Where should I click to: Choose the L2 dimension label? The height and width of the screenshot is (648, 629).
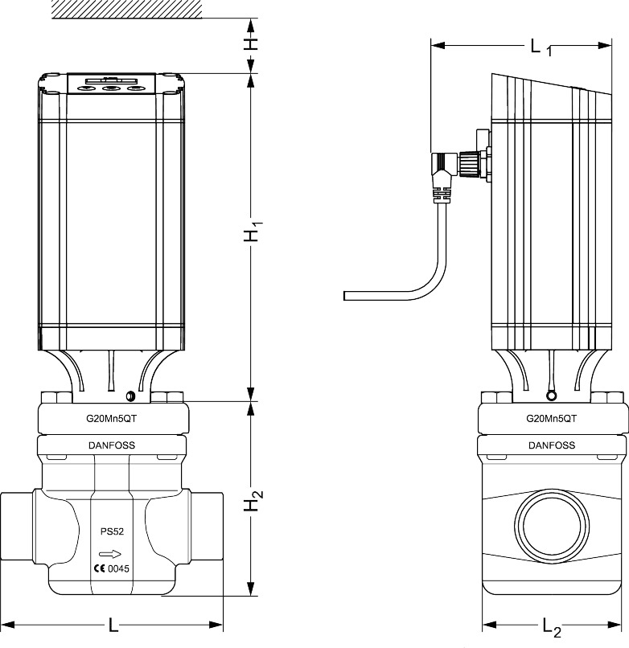coord(551,625)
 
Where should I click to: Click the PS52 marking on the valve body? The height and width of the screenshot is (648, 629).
coord(111,531)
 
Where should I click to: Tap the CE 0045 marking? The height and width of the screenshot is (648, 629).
coord(111,569)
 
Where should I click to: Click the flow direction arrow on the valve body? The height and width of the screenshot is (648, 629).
coord(110,553)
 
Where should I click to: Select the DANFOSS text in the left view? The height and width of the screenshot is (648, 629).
coord(112,445)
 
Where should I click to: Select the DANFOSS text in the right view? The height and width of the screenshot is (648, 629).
coord(551,445)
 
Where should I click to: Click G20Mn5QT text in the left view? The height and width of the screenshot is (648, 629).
coord(112,419)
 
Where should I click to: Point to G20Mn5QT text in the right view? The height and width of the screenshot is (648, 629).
coord(551,419)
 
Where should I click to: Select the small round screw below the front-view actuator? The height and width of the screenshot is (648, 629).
coord(129,396)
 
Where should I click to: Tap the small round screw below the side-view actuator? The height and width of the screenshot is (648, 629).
coord(551,396)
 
